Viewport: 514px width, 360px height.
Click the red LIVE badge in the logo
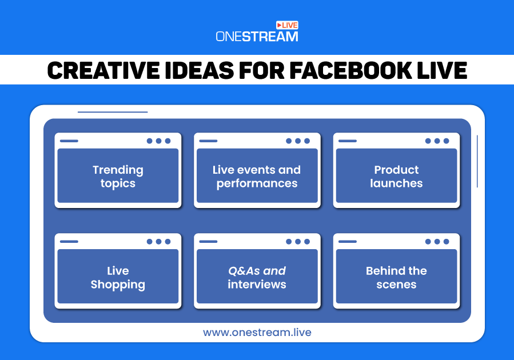coord(287,25)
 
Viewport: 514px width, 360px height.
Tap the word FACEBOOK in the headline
coord(350,70)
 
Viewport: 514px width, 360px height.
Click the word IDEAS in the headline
coord(199,70)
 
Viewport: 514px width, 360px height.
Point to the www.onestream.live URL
coord(257,333)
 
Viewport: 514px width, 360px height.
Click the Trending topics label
coord(118,177)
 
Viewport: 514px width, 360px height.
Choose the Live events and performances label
coord(257,177)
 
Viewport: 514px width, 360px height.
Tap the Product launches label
coord(396,177)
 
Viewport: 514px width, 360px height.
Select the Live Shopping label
coord(118,278)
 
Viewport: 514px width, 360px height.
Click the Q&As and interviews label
coord(257,278)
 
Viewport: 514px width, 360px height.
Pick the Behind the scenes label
coord(396,278)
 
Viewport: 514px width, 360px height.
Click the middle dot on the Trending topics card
coord(158,141)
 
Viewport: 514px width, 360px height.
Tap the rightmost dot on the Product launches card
coord(446,141)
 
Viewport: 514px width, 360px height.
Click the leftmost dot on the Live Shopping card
coord(149,241)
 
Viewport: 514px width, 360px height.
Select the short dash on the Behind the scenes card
coord(348,241)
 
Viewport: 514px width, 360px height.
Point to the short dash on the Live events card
coord(208,141)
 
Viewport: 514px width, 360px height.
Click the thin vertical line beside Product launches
coord(477,161)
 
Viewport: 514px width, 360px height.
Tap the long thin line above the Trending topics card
coord(113,112)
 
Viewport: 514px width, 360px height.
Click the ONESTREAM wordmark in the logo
coord(257,37)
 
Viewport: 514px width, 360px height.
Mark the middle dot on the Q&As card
coord(298,241)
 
